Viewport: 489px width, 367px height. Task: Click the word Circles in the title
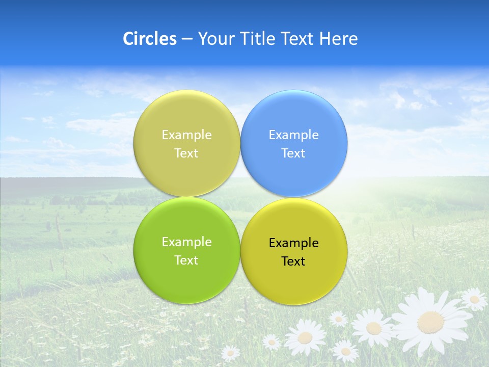149,39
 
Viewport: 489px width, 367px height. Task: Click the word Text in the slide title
298,39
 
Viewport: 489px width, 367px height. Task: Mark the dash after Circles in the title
186,39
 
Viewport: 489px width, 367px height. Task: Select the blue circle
294,143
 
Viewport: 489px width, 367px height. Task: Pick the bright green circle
186,250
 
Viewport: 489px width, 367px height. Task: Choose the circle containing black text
294,251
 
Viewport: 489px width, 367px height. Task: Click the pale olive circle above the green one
186,143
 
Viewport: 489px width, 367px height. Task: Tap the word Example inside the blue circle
293,135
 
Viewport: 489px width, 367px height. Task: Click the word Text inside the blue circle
293,153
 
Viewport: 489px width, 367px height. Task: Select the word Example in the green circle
186,242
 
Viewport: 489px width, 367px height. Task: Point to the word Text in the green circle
186,260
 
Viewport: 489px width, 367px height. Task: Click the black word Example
293,243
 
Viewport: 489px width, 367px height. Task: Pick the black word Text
293,261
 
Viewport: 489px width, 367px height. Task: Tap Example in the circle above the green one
186,135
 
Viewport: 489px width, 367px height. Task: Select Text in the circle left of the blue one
186,153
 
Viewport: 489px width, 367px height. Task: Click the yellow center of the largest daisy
431,322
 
